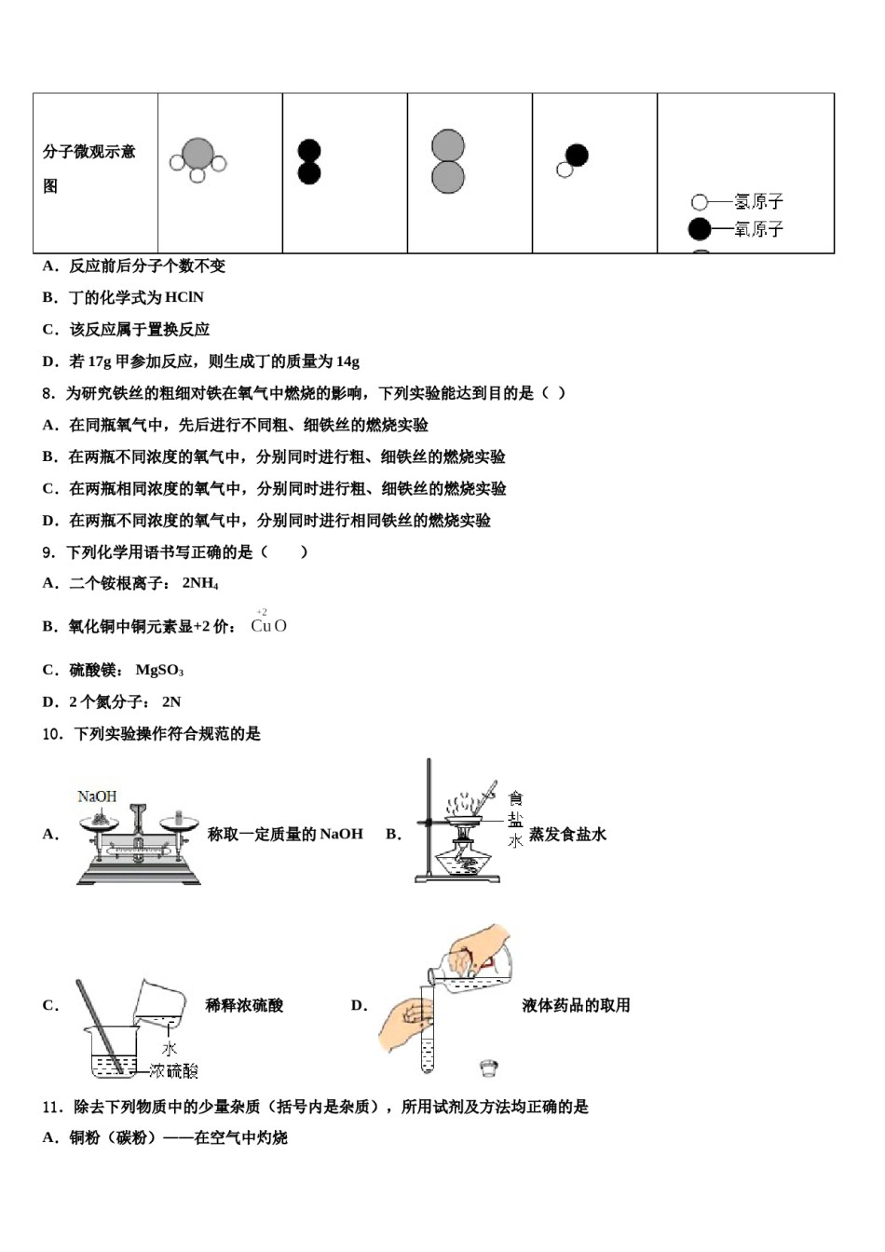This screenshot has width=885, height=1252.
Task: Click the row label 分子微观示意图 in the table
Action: coord(89,168)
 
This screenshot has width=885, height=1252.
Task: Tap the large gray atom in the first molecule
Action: coord(197,154)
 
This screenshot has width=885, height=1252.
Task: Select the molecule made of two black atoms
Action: coord(308,162)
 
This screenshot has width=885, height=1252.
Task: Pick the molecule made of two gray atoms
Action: coord(448,161)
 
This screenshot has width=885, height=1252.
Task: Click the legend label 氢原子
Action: coord(758,201)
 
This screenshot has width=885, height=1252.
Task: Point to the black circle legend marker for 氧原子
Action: coord(699,228)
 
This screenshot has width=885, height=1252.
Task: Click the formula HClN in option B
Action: coord(184,297)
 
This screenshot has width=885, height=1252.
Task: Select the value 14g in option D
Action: coord(347,361)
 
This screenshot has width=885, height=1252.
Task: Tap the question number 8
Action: coord(48,393)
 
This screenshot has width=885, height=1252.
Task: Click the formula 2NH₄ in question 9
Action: coord(199,583)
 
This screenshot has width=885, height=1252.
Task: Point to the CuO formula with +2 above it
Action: coord(268,625)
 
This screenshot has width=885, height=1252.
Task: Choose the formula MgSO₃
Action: coord(159,670)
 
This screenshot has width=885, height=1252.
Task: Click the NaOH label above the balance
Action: coord(97,796)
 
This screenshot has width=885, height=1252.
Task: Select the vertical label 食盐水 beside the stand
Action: coord(515,819)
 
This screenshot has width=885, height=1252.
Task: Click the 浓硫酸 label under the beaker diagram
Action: coord(173,1071)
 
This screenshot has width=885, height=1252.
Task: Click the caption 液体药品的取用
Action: coord(576,1005)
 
